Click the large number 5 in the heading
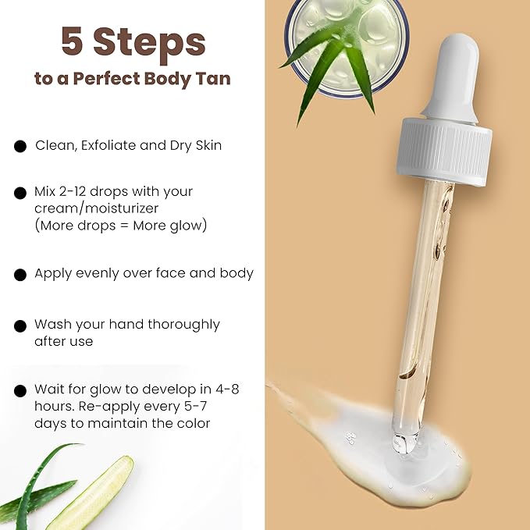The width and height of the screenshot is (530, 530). point(73,41)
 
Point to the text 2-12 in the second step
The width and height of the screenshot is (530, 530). point(77,191)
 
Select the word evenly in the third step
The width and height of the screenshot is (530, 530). point(100,273)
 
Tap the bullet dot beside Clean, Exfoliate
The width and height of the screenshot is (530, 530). point(20,146)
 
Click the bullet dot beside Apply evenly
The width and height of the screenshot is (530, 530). point(20,274)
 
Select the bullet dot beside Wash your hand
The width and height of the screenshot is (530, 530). point(20,325)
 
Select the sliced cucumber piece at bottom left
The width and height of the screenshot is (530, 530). point(89,493)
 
